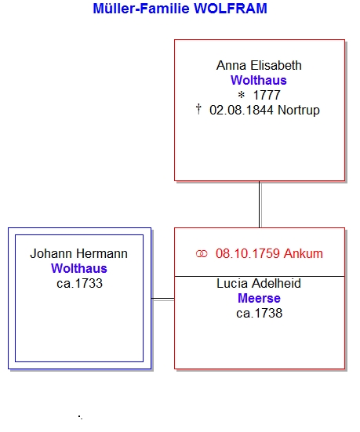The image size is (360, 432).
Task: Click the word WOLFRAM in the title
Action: tap(231, 9)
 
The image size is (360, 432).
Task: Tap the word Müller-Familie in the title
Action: tap(141, 9)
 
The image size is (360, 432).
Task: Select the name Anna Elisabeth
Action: tap(259, 66)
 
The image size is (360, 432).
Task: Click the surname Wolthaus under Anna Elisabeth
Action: tap(259, 81)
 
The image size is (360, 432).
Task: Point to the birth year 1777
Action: tap(267, 96)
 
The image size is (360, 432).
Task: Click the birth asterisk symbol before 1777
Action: tap(242, 96)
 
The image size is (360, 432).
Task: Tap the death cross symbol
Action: tap(198, 109)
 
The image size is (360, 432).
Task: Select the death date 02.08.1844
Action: tap(242, 111)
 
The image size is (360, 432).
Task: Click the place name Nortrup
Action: tap(299, 111)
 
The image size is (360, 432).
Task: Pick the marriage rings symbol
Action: tap(202, 254)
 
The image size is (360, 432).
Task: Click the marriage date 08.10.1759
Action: tap(248, 254)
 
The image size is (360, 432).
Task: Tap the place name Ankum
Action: tap(304, 254)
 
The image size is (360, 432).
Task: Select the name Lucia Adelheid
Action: tap(259, 284)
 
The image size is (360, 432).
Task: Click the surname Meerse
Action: tap(259, 299)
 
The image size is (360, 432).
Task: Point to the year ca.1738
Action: tap(260, 314)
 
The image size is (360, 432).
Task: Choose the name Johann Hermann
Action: tap(79, 254)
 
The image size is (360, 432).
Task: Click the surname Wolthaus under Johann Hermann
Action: tap(79, 269)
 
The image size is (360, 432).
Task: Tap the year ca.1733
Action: tap(80, 284)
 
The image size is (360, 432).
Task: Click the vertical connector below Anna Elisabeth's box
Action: tap(260, 205)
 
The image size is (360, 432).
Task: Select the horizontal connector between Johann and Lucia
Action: tap(163, 299)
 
